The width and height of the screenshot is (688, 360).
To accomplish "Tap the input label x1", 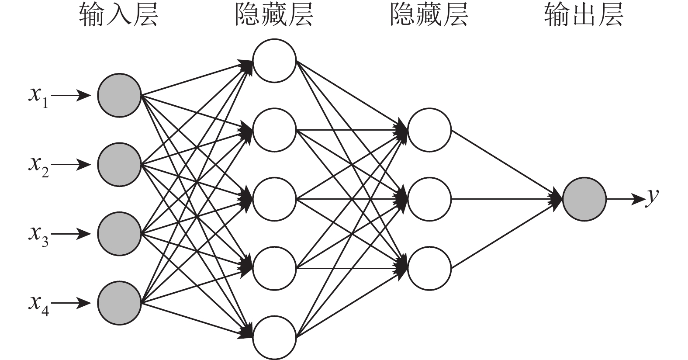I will pyautogui.click(x=38, y=97).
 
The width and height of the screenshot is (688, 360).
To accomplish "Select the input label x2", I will pyautogui.click(x=38, y=166).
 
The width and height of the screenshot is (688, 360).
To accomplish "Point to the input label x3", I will pyautogui.click(x=38, y=235).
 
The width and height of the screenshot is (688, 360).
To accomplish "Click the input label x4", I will pyautogui.click(x=38, y=304).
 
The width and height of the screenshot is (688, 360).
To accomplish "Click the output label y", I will pyautogui.click(x=652, y=197).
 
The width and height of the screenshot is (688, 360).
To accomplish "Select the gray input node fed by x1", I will pyautogui.click(x=119, y=95).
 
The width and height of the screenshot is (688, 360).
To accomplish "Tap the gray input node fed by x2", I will pyautogui.click(x=119, y=165).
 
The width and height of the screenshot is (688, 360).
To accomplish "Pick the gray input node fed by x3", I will pyautogui.click(x=119, y=234).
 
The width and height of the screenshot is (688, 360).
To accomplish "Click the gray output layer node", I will pyautogui.click(x=584, y=199).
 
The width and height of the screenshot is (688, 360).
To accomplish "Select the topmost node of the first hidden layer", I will pyautogui.click(x=274, y=61).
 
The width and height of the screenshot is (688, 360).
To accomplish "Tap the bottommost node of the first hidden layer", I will pyautogui.click(x=274, y=338).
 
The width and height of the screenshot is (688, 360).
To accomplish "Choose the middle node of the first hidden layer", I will pyautogui.click(x=274, y=199).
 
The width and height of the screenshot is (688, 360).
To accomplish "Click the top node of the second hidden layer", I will pyautogui.click(x=429, y=130).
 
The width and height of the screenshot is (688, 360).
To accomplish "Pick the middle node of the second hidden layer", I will pyautogui.click(x=429, y=199).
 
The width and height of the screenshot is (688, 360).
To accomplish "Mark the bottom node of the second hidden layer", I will pyautogui.click(x=429, y=268).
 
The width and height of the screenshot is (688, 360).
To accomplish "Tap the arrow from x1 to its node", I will pyautogui.click(x=73, y=95).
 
